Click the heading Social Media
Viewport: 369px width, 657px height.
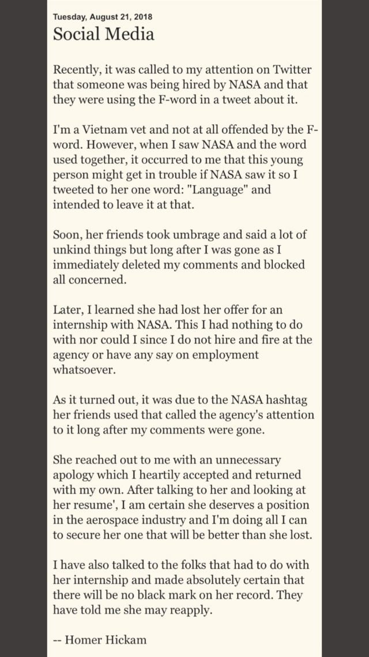click(104, 34)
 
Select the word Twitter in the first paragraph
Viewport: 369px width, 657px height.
click(291, 70)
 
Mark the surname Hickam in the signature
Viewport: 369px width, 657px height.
click(126, 639)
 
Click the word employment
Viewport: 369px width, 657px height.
click(222, 354)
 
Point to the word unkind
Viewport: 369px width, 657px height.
click(71, 249)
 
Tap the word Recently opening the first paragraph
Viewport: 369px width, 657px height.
click(77, 70)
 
